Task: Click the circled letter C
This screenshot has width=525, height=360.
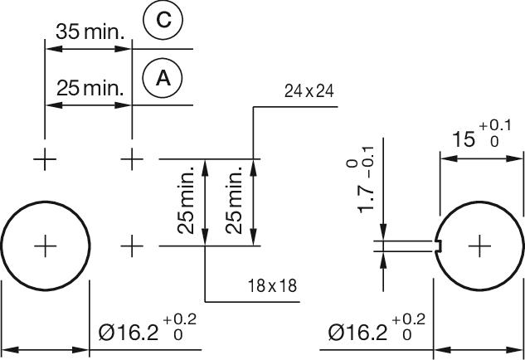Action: (x=163, y=20)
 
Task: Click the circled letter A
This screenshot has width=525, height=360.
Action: (x=163, y=78)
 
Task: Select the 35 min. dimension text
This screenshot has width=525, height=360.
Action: (x=90, y=32)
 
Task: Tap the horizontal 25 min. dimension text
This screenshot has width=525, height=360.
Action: (x=90, y=87)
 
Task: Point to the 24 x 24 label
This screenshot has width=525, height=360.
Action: (x=309, y=92)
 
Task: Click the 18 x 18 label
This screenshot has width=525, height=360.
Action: (x=273, y=287)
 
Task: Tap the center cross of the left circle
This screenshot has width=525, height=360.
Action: (x=45, y=246)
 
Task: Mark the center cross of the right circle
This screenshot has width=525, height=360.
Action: (x=479, y=246)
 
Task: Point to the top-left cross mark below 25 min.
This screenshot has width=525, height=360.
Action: (x=45, y=158)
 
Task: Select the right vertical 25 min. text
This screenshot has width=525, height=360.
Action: (x=235, y=202)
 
